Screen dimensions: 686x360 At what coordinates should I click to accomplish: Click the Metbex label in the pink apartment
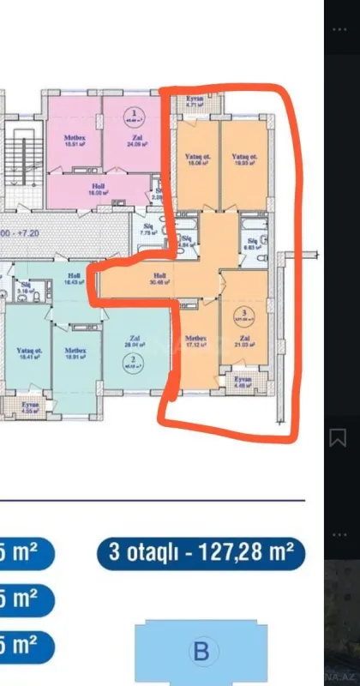[x=73, y=140]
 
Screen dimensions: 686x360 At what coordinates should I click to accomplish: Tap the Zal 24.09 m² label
[x=134, y=140]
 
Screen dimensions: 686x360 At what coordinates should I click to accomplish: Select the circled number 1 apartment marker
[x=135, y=112]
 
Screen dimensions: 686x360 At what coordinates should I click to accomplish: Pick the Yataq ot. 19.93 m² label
[x=244, y=159]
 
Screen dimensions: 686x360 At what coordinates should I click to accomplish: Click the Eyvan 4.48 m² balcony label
[x=243, y=381]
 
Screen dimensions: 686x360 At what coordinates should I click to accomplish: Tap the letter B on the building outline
[x=201, y=652]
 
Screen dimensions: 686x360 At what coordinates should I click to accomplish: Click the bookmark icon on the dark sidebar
[x=338, y=437]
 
